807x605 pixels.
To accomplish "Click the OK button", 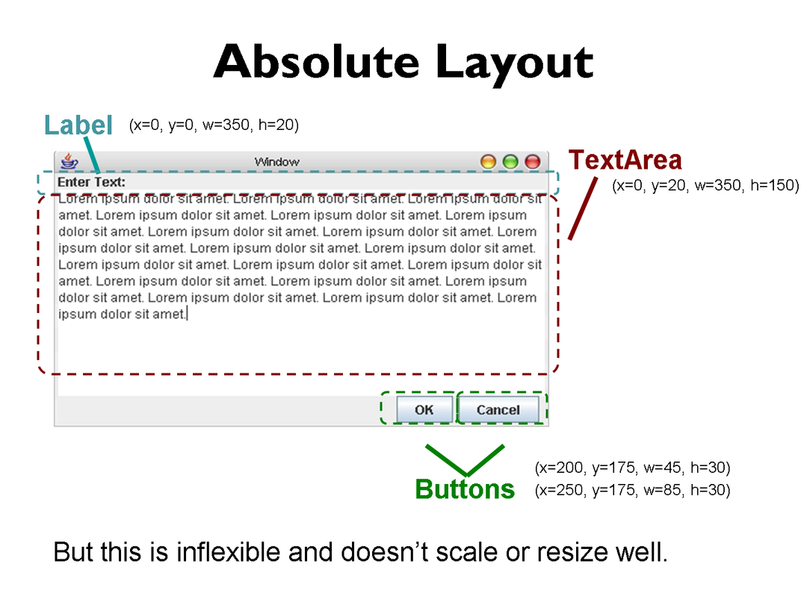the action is click(424, 409).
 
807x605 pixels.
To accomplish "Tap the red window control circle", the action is click(532, 162).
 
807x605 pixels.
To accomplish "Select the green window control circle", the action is click(510, 162).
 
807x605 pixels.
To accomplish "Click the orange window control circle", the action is click(488, 162).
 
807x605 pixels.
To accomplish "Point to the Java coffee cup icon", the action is click(69, 161).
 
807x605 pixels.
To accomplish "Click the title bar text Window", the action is click(277, 162).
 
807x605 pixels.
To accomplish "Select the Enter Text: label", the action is click(92, 182).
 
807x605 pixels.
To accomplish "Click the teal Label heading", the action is click(78, 125).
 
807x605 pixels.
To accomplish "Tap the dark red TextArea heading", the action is click(625, 160).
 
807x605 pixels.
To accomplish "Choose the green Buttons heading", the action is click(465, 488).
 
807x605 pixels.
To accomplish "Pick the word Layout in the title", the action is click(514, 64).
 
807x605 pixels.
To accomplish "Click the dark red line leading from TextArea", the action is click(583, 208).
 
